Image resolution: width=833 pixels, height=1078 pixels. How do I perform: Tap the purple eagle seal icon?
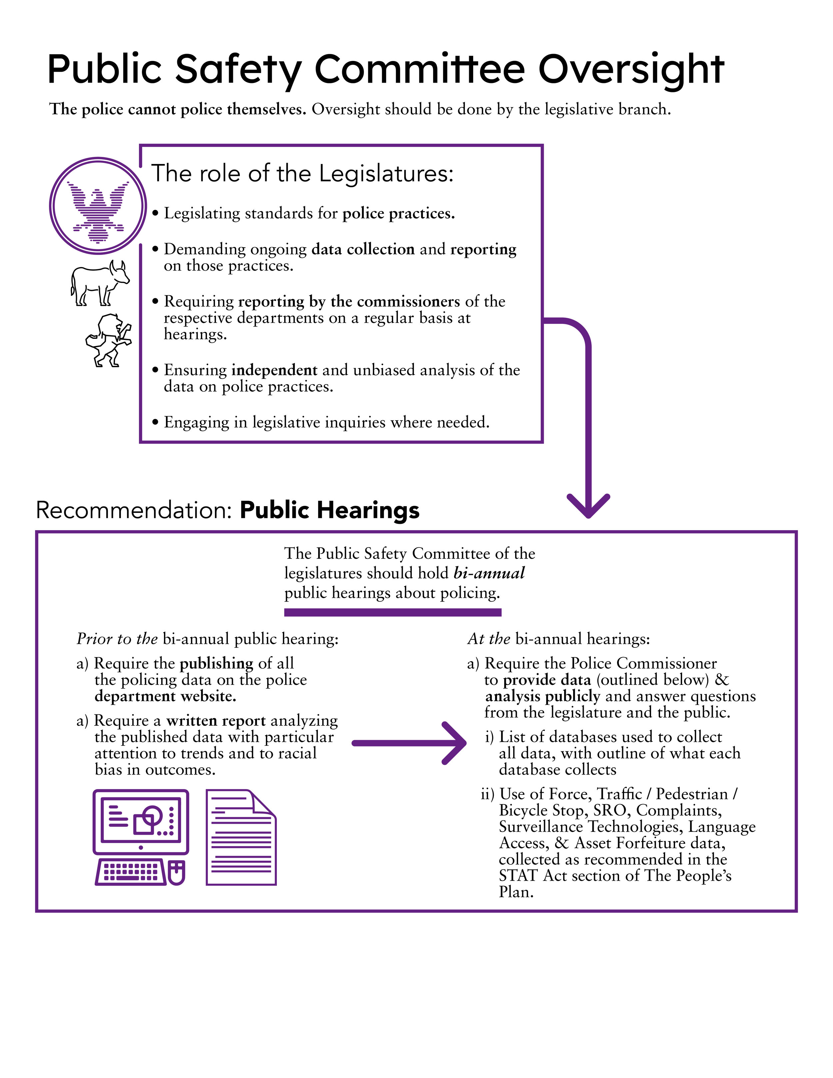point(98,206)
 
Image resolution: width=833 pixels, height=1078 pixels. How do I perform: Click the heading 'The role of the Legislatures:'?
point(302,173)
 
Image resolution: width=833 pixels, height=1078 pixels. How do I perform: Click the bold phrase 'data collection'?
point(363,249)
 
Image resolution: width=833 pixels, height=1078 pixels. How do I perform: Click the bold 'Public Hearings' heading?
point(329,511)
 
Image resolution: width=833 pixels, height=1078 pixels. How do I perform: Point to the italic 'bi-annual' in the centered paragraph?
point(489,573)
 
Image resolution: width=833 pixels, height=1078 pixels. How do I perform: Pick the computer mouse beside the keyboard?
point(177,873)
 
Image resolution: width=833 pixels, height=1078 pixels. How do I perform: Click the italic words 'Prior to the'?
point(117,639)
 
